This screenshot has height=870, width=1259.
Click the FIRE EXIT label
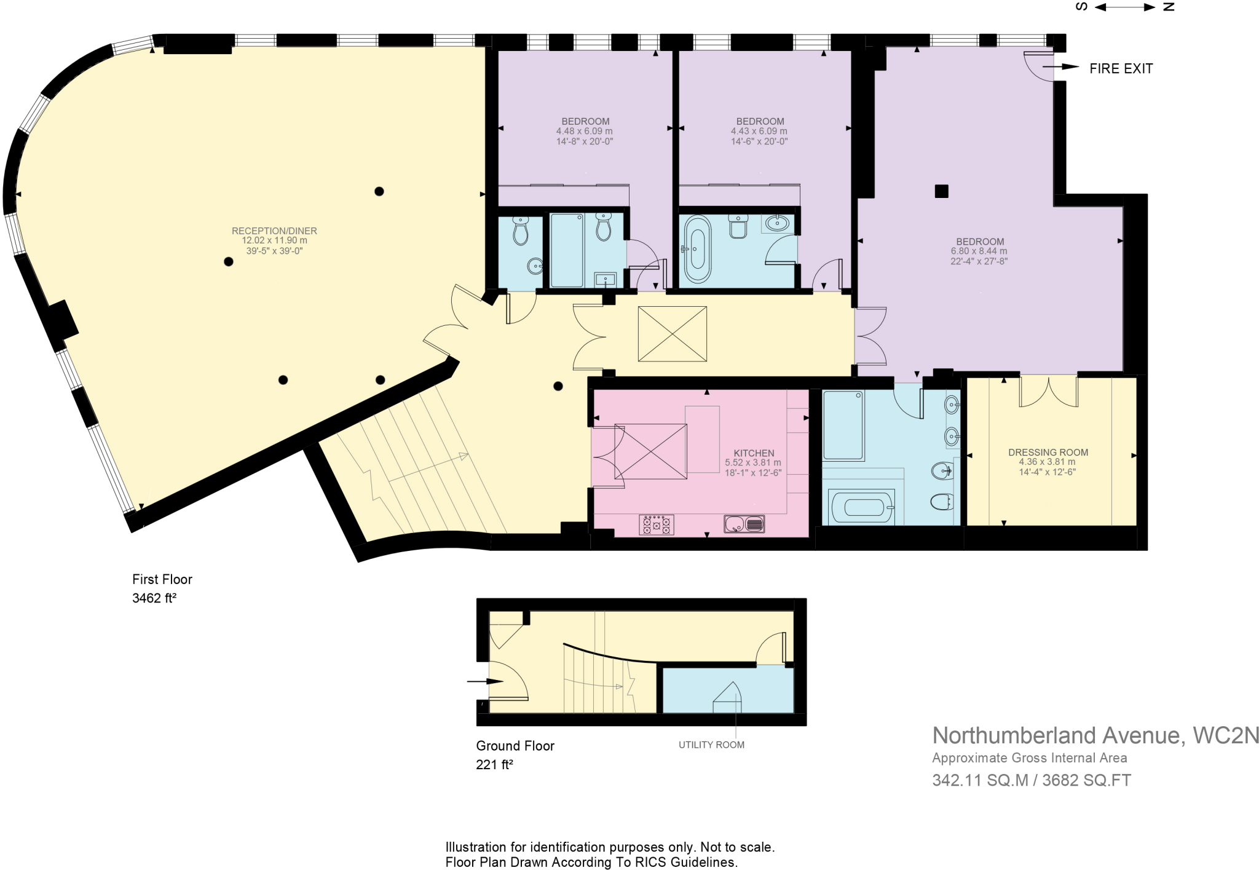pos(1121,68)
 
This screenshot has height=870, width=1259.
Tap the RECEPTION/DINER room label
pos(274,231)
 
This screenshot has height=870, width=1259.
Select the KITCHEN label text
pos(754,453)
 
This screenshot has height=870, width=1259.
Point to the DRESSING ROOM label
pos(1048,453)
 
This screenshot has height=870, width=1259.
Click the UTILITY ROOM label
pos(711,745)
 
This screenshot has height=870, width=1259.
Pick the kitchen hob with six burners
pos(657,524)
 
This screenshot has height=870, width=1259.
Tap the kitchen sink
pos(744,524)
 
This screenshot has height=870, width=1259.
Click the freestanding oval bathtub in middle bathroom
pos(697,249)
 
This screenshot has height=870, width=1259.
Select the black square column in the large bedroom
pos(941,191)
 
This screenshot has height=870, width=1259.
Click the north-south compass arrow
pos(1125,7)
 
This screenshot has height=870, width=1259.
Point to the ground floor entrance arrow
pos(485,681)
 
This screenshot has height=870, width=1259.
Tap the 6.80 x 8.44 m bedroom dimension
pos(979,251)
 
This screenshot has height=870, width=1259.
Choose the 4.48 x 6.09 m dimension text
pos(585,131)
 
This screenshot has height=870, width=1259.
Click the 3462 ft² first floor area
pos(154,598)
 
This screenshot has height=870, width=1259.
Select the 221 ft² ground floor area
pos(494,764)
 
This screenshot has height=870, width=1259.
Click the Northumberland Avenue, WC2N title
pos(1095,735)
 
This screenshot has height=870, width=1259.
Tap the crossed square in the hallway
pos(673,334)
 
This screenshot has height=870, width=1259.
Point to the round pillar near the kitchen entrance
pos(558,386)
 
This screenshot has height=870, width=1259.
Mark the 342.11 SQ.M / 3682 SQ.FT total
pos(1032,780)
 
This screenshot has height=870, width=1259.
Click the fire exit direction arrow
pos(1060,67)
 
